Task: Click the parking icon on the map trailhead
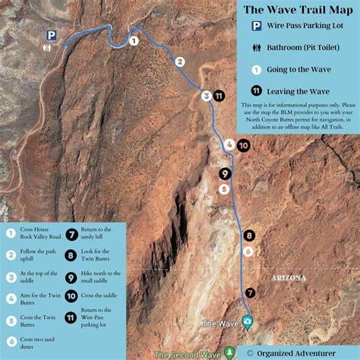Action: click(51, 35)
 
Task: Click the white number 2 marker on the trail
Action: click(180, 62)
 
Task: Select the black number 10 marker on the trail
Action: click(243, 144)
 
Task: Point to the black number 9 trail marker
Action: click(224, 173)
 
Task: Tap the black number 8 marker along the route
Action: click(248, 235)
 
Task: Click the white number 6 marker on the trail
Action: click(248, 251)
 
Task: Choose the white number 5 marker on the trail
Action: click(223, 188)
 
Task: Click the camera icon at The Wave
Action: click(247, 323)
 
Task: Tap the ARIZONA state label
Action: click(288, 278)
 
